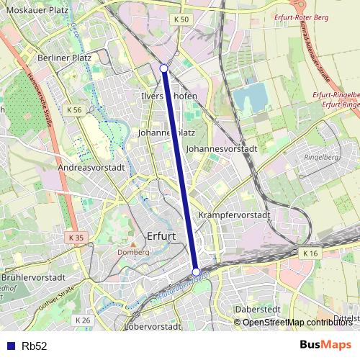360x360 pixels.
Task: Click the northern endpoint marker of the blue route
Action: [x=164, y=68]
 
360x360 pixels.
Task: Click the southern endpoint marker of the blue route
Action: [x=196, y=271]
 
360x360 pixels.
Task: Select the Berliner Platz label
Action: [x=64, y=58]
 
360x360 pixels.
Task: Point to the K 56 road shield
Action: [x=73, y=109]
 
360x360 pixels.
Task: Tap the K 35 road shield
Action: [x=76, y=238]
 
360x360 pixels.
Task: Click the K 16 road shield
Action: [x=310, y=253]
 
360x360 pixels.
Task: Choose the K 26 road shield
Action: [x=82, y=320]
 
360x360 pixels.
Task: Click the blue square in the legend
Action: [x=11, y=346]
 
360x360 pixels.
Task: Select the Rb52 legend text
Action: [x=35, y=346]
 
